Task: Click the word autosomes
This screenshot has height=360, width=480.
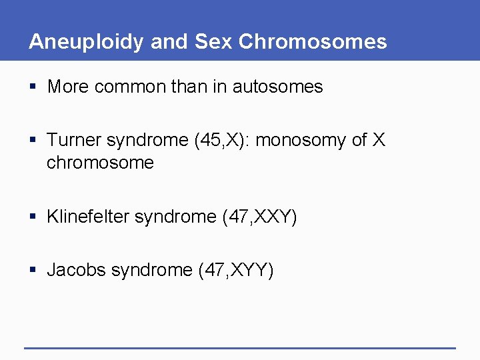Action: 277,87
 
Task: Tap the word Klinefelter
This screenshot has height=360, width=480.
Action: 88,217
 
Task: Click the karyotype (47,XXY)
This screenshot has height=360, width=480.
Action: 259,217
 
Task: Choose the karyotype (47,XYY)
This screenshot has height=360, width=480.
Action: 236,270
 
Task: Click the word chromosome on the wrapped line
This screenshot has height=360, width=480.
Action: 100,163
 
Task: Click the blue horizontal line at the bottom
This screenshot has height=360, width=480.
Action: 240,348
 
